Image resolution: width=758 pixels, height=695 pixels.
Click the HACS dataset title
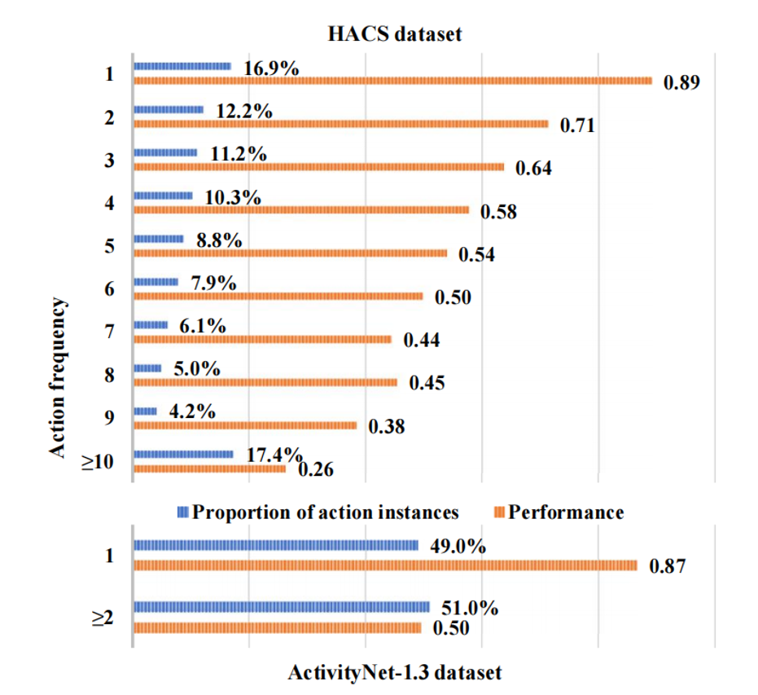[395, 34]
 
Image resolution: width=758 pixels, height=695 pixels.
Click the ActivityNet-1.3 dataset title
[394, 674]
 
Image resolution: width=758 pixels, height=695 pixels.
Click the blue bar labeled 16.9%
[182, 66]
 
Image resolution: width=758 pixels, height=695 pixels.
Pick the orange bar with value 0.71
[340, 124]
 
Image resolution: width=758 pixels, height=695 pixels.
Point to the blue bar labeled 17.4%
[183, 455]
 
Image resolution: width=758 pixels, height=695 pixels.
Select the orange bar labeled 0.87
[384, 565]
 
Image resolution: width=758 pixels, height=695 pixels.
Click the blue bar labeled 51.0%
[281, 607]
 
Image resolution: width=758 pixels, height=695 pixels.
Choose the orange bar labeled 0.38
[245, 425]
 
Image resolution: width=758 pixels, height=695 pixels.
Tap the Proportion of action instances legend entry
[318, 512]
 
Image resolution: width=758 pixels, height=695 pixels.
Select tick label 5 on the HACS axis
[108, 246]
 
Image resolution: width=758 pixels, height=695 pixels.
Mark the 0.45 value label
[427, 383]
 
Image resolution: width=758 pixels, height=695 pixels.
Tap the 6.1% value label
[203, 327]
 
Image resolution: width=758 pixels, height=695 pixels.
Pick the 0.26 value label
[316, 470]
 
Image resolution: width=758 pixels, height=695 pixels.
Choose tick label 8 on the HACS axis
[108, 376]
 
